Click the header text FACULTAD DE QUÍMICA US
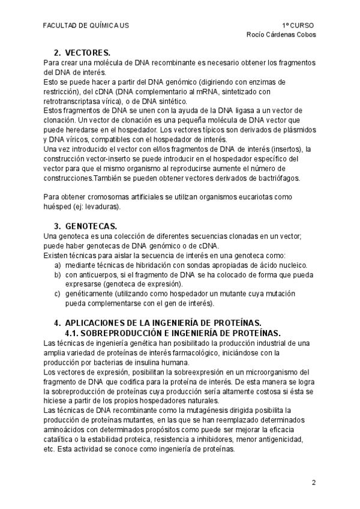pyautogui.click(x=86, y=26)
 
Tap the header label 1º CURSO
pyautogui.click(x=298, y=26)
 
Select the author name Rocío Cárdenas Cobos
pyautogui.click(x=281, y=34)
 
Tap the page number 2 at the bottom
pyautogui.click(x=313, y=483)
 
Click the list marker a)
pyautogui.click(x=58, y=265)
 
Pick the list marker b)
pyautogui.click(x=58, y=274)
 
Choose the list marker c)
pyautogui.click(x=58, y=293)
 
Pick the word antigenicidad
pyautogui.click(x=283, y=440)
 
